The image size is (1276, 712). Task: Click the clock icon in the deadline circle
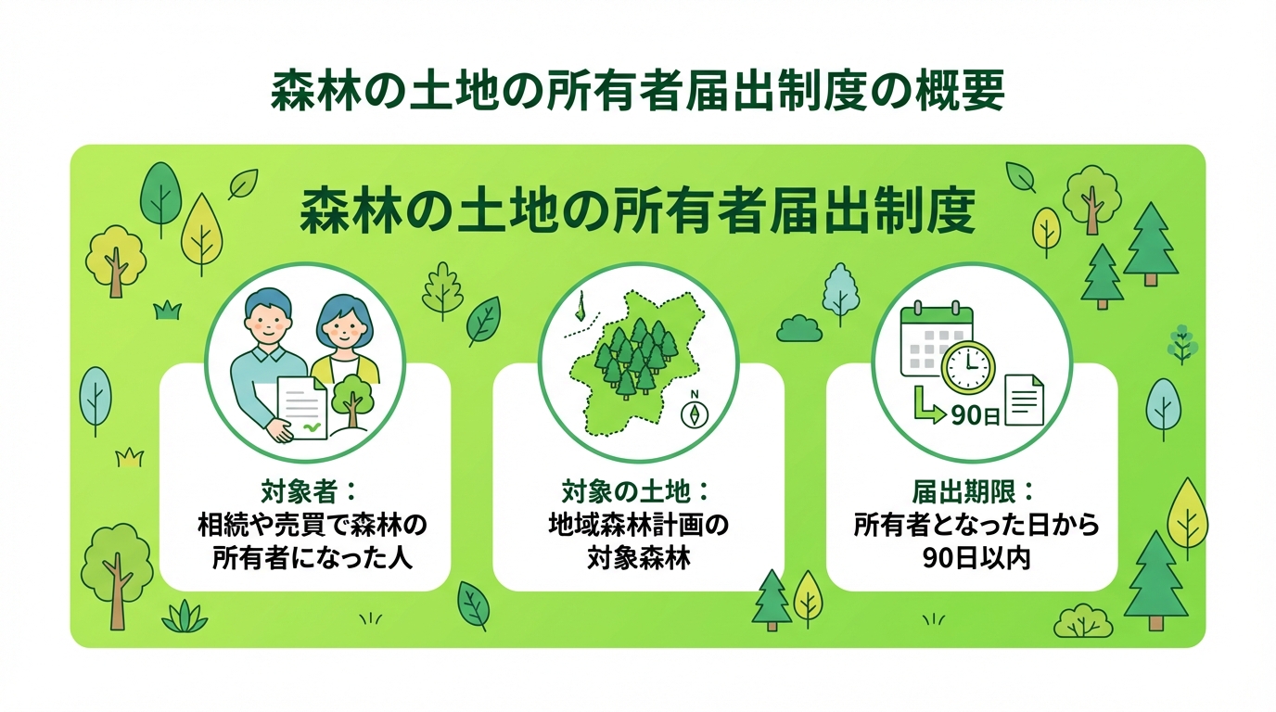tap(967, 368)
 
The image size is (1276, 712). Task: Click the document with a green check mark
tap(303, 409)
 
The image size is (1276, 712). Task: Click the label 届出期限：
tap(971, 489)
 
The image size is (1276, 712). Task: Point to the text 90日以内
tap(971, 559)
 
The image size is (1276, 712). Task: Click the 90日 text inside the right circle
tap(974, 415)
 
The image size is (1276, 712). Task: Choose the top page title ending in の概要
tap(637, 93)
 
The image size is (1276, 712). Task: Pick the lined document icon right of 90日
tap(1025, 400)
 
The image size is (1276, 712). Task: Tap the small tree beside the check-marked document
tap(352, 401)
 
